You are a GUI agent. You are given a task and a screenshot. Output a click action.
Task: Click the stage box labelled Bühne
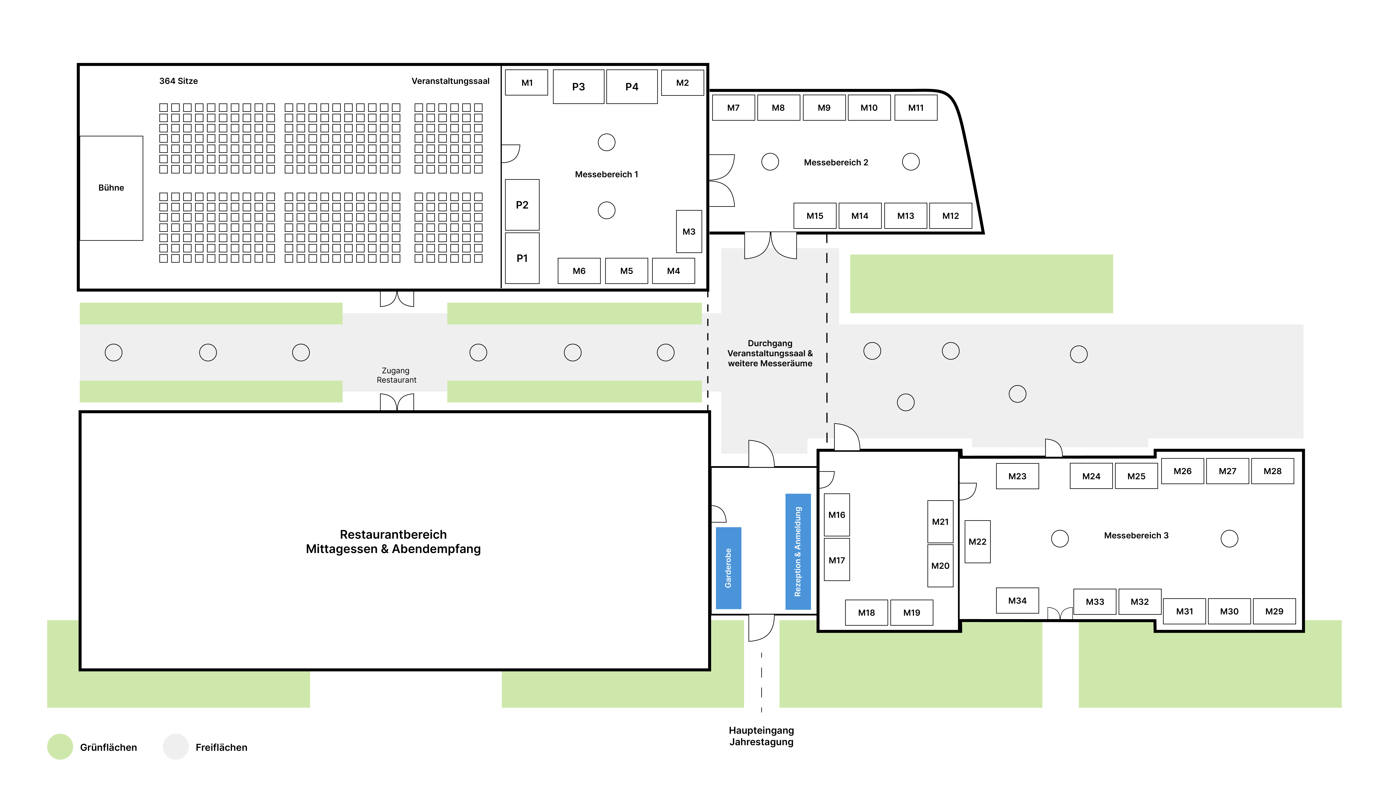click(111, 188)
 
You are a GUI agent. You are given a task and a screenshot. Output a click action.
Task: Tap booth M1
click(527, 83)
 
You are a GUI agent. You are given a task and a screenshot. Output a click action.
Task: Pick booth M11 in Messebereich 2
click(916, 108)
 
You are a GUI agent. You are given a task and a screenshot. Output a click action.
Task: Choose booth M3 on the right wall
click(689, 232)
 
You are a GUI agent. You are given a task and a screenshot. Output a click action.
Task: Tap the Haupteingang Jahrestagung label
click(761, 736)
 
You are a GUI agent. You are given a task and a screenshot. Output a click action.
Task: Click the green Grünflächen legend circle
click(60, 747)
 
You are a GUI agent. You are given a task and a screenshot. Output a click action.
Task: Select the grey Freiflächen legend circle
click(176, 747)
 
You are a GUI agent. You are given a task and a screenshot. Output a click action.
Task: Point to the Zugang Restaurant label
click(396, 375)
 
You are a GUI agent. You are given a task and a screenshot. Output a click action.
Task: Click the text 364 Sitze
click(178, 81)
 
